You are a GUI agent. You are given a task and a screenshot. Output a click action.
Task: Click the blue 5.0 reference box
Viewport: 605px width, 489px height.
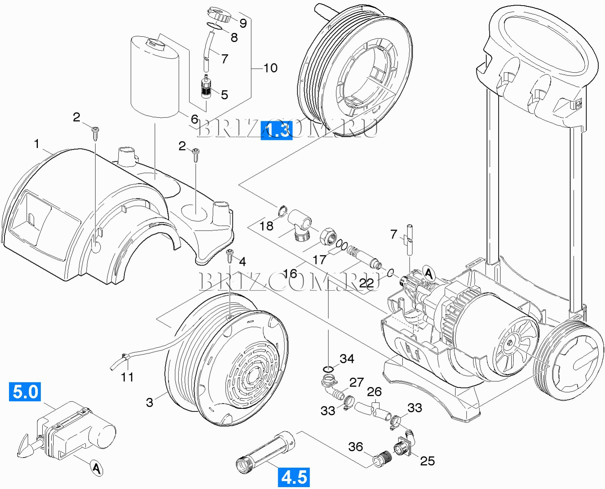click(25, 392)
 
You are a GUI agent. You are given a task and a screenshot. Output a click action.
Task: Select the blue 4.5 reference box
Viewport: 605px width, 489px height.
click(294, 477)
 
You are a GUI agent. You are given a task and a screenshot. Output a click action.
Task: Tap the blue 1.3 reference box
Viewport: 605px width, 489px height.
click(276, 131)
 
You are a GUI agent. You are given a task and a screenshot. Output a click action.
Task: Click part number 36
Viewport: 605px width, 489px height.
click(355, 446)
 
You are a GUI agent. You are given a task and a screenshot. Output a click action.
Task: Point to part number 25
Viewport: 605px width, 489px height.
click(427, 461)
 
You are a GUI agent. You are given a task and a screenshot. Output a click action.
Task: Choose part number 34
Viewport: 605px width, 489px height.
click(347, 359)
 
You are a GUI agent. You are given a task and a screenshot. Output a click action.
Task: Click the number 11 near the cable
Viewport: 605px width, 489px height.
click(127, 377)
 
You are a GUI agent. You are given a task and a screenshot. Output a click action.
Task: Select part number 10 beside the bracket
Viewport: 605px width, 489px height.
click(270, 68)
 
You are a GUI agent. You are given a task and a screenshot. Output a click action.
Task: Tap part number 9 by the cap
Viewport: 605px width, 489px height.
click(243, 23)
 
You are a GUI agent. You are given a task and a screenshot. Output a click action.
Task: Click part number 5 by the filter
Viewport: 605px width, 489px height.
click(224, 94)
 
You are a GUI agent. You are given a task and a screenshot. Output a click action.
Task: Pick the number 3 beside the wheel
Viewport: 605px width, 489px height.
click(149, 402)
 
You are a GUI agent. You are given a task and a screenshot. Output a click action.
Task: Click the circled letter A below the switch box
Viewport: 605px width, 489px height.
click(96, 468)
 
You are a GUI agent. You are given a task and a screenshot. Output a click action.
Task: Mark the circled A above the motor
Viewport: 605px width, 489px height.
click(429, 274)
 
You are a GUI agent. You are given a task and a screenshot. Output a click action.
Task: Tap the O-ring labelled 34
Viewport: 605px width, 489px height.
click(328, 370)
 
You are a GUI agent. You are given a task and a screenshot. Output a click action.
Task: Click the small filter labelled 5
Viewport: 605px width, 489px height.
click(205, 88)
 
